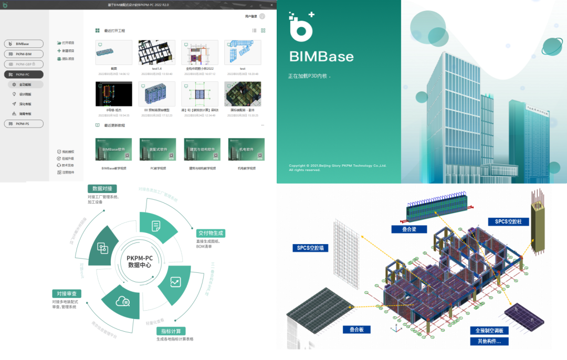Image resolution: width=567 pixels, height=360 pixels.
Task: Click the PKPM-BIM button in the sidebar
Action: tap(24, 54)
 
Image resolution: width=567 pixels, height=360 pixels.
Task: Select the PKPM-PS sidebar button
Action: tap(24, 124)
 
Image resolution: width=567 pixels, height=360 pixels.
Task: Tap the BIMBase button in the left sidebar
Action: tap(24, 44)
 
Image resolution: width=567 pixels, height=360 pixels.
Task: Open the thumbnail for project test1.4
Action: tap(157, 53)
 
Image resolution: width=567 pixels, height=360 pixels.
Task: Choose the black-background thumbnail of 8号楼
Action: tap(114, 94)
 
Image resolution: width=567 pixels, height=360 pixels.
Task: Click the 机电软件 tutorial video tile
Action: tap(246, 150)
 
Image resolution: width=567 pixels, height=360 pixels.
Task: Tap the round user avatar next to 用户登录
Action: tap(262, 16)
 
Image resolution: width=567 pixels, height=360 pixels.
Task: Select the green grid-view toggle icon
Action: tap(263, 30)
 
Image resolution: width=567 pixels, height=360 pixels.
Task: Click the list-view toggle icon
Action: tap(254, 30)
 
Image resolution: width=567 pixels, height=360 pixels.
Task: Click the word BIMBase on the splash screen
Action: tap(321, 57)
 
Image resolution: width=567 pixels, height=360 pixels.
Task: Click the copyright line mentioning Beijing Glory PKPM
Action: tap(338, 166)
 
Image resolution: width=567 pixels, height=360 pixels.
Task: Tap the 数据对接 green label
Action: tap(101, 189)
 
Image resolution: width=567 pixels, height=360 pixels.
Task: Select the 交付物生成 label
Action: tap(211, 232)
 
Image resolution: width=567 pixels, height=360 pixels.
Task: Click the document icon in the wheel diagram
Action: tap(156, 226)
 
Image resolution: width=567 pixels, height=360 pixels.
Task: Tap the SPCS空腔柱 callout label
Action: tap(509, 221)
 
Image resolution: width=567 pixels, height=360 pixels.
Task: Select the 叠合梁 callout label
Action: tap(408, 229)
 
